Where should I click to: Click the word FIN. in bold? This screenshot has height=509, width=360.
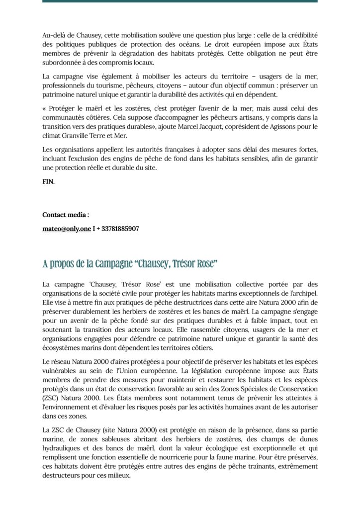[49, 182]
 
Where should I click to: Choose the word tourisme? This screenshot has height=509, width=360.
[118, 85]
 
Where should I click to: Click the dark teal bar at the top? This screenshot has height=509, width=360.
[180, 1]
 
